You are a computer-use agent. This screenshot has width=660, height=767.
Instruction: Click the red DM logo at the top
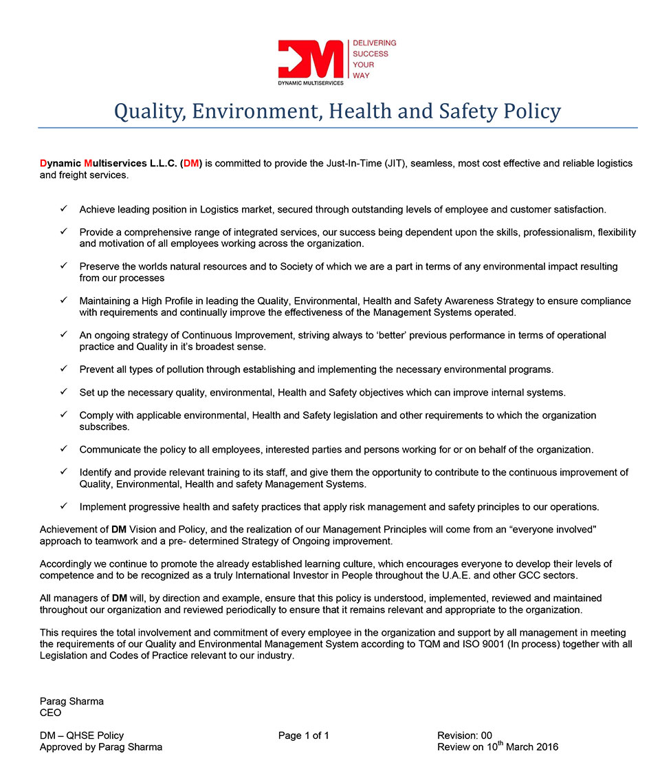coord(310,59)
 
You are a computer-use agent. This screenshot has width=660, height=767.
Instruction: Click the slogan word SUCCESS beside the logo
coord(371,54)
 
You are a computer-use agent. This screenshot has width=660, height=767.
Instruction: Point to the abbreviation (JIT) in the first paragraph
coord(391,164)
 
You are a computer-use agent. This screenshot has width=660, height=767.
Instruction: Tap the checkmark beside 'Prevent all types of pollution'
coord(63,369)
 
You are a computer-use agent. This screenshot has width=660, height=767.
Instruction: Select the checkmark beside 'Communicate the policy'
coord(63,449)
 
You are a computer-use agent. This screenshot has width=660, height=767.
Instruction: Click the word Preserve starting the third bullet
coord(99,266)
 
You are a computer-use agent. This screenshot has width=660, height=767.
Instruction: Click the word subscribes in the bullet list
coord(104,427)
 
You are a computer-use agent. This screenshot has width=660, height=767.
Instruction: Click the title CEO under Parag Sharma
coord(51,713)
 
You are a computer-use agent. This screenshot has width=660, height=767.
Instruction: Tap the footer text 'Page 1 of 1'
coord(304,736)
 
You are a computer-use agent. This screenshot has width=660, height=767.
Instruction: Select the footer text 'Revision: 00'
coord(464,736)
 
